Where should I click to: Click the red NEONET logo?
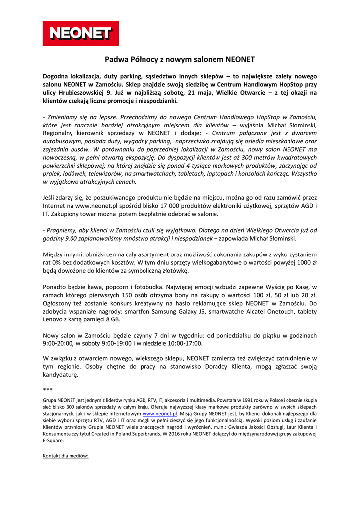(80, 33)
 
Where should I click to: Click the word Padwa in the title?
(115, 60)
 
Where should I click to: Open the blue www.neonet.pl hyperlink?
(159, 413)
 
